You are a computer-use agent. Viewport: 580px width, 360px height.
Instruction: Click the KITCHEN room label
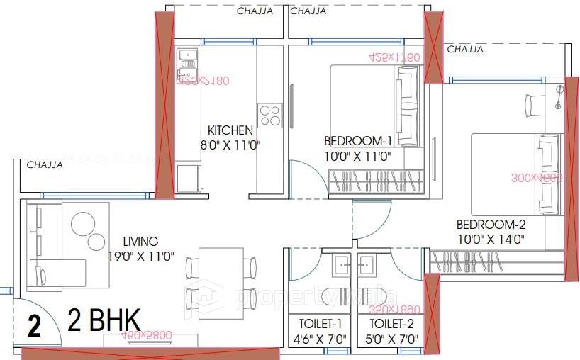[x=230, y=130]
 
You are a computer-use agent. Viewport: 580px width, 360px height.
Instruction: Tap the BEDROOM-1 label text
[x=358, y=140]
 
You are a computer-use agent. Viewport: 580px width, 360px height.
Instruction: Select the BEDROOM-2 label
[x=490, y=224]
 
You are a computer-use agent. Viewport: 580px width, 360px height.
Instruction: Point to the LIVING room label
[x=140, y=242]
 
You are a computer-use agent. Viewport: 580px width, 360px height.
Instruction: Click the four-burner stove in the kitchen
[x=269, y=115]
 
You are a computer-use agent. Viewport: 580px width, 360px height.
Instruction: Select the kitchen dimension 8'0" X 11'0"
[x=230, y=145]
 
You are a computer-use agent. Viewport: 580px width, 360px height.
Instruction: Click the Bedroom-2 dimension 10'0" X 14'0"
[x=490, y=240]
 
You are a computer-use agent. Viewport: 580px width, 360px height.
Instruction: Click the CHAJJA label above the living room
[x=45, y=165]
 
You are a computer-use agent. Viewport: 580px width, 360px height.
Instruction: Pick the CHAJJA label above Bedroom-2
[x=465, y=50]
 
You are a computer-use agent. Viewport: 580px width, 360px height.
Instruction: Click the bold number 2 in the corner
[x=33, y=327]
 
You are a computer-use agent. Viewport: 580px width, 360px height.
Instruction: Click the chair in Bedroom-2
[x=535, y=105]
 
